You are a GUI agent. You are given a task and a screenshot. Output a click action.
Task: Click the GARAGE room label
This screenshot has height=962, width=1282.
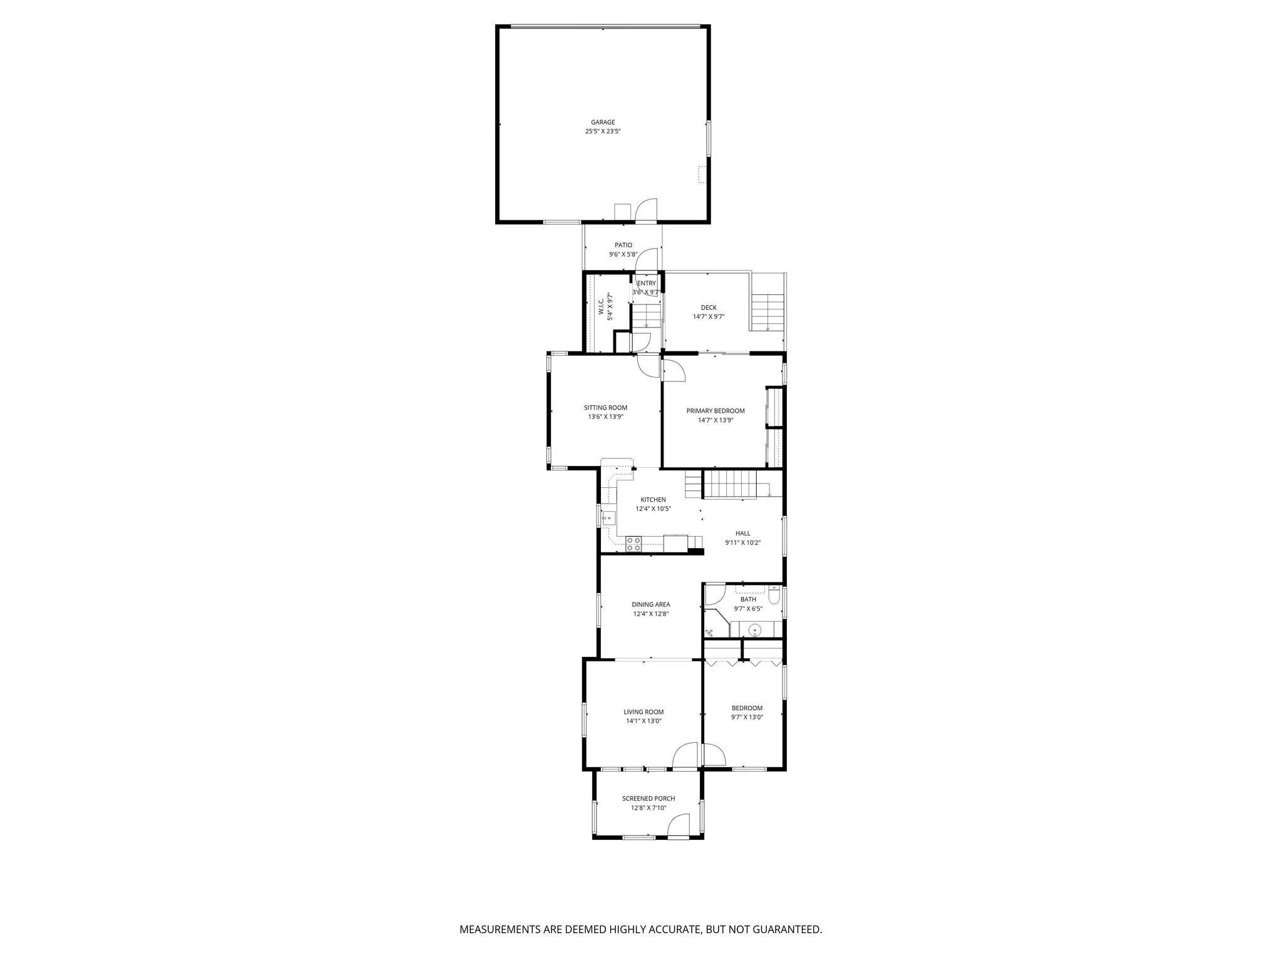tap(603, 122)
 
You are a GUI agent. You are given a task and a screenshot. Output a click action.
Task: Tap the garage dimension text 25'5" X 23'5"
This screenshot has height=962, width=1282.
tap(603, 132)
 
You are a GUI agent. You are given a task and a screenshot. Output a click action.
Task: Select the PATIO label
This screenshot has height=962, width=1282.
tap(623, 245)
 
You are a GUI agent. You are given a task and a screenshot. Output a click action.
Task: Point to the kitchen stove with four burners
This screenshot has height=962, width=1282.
tap(633, 544)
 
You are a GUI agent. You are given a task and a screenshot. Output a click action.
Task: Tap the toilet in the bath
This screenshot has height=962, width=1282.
tap(774, 596)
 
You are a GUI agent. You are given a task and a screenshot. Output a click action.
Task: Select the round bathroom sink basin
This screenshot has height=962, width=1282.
tap(756, 629)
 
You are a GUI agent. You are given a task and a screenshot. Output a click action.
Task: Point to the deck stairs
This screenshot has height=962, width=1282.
tap(767, 313)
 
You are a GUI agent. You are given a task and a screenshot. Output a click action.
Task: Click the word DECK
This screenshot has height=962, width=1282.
tap(709, 308)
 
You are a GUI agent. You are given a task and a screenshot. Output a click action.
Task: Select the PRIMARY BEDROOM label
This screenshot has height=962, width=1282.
tap(715, 411)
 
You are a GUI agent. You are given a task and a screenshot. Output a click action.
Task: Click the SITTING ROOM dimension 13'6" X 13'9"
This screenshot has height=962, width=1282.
tap(605, 417)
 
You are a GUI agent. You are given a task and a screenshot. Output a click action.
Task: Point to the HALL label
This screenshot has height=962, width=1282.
tap(743, 534)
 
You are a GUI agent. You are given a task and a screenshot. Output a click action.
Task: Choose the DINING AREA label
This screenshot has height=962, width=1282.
tap(651, 604)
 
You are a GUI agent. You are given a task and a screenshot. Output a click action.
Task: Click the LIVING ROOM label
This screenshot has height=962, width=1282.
tap(644, 711)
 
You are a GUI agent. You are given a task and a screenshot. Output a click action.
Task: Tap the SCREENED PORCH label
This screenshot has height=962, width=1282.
tap(649, 799)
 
